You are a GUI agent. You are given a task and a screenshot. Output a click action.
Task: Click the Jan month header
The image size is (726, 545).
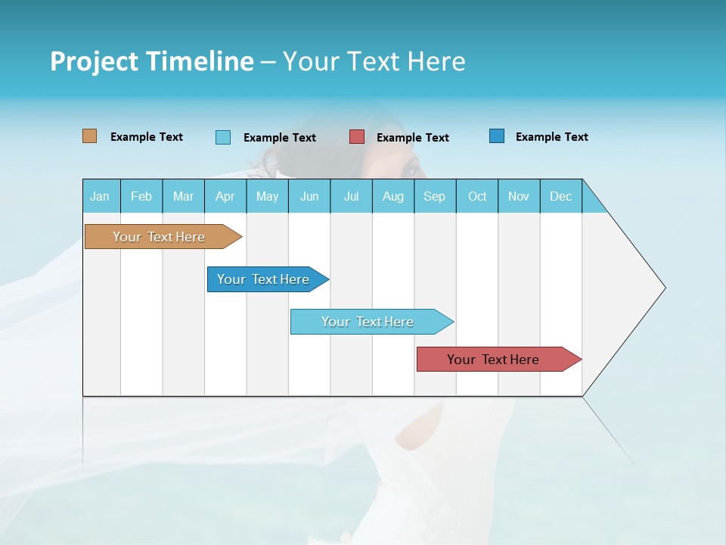point(100,196)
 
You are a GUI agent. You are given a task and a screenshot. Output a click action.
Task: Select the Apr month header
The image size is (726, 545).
point(225,196)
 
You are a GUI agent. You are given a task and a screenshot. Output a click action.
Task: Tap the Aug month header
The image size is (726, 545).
point(392,196)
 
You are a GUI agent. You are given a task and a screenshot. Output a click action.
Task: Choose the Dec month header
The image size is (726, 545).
point(560,196)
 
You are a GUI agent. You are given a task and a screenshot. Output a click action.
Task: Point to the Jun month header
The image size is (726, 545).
point(309,196)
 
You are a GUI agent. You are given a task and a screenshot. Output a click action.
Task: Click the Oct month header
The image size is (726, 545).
point(477,196)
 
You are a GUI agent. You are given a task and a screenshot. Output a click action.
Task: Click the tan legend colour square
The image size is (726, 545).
point(89,136)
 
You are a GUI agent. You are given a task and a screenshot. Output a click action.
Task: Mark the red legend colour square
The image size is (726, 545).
point(357,137)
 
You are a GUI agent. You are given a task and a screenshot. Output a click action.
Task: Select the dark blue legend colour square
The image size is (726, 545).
point(497,136)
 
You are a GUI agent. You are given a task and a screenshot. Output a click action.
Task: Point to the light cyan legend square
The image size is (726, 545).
point(223,137)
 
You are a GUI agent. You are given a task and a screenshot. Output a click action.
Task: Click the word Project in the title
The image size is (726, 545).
point(94,61)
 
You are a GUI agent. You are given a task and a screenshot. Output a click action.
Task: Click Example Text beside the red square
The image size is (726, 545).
point(412,138)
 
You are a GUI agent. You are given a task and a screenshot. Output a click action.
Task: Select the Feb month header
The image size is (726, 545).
point(141,196)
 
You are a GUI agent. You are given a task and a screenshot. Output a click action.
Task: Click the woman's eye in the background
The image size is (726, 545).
point(411,168)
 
